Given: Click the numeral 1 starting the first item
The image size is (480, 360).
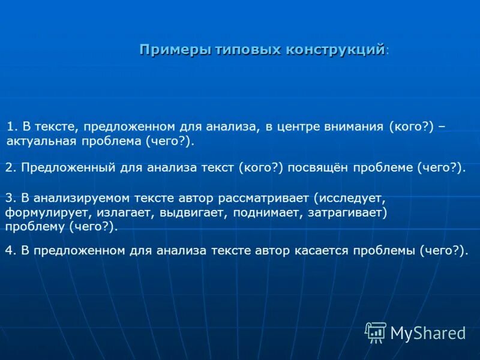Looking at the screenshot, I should [x=10, y=127].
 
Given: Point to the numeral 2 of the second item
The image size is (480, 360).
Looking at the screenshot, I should [x=8, y=168].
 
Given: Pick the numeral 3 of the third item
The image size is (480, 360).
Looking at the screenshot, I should [x=8, y=197].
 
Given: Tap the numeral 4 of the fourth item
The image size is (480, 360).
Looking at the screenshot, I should [x=8, y=250].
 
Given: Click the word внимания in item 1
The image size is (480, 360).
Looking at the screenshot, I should [x=352, y=127].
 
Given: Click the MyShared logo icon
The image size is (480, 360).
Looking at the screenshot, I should [x=376, y=332].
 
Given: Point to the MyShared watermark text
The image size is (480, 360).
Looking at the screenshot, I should [x=428, y=332].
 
